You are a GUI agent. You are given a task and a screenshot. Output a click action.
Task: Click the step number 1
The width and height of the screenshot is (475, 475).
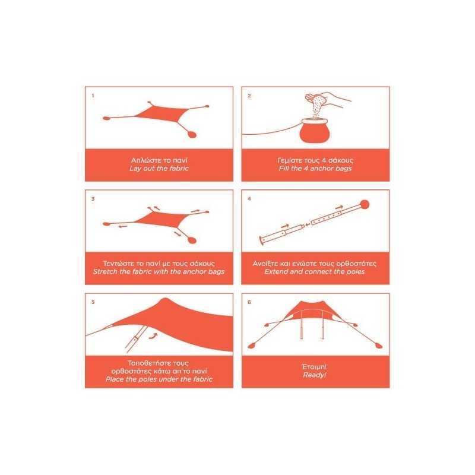(x=93, y=96)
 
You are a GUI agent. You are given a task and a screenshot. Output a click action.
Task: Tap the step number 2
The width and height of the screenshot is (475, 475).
(x=249, y=96)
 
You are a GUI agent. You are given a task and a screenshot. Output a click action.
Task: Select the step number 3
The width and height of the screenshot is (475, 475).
(x=93, y=199)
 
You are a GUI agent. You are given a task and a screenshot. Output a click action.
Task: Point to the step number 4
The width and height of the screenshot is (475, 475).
(x=249, y=199)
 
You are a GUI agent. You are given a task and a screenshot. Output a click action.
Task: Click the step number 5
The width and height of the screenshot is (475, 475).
(x=93, y=302)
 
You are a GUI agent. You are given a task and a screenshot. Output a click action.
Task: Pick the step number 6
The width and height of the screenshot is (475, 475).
(x=249, y=302)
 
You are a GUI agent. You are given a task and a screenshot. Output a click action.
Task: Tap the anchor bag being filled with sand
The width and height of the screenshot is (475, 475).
(x=315, y=131)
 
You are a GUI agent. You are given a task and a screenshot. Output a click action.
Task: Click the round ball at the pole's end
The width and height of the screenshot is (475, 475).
(x=365, y=205)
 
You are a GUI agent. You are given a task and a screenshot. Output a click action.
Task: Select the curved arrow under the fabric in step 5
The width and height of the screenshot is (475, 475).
(x=154, y=335)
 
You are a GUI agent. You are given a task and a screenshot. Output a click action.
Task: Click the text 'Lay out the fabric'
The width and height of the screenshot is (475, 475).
(x=159, y=169)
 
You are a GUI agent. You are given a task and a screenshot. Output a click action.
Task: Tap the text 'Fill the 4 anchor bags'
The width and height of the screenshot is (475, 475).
(x=315, y=169)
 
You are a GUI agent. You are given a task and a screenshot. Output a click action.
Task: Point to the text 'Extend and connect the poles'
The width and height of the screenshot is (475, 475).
(x=315, y=272)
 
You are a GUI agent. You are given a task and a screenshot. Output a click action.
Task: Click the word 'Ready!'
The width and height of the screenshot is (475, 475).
(x=315, y=375)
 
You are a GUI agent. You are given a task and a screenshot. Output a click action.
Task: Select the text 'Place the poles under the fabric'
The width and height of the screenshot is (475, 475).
(x=159, y=379)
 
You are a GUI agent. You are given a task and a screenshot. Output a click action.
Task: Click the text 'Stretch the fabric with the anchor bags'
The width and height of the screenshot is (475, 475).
(x=159, y=272)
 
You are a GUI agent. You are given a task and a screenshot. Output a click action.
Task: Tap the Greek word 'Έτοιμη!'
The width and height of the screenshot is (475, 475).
(x=315, y=367)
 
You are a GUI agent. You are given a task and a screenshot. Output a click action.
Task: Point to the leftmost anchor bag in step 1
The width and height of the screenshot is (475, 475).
(x=106, y=118)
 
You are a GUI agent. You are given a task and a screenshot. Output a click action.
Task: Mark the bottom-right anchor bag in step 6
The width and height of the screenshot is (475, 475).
(x=379, y=346)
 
